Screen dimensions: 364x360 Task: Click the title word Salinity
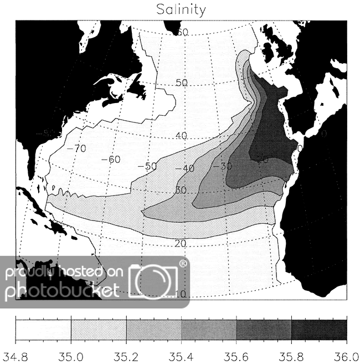click(x=181, y=9)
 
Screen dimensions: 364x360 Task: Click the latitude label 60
click(x=182, y=33)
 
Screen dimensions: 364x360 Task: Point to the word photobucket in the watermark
click(x=61, y=289)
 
